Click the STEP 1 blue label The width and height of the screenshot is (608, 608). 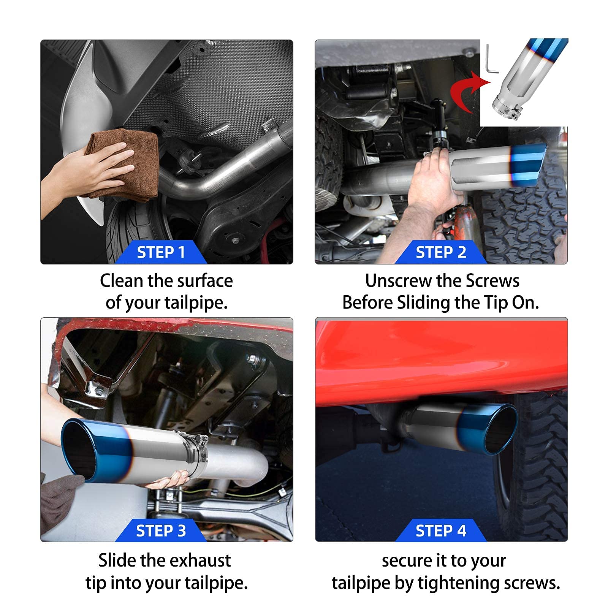161,252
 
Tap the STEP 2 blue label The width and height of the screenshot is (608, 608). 441,252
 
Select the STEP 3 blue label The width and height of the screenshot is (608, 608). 161,530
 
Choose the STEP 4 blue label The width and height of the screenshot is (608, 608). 441,530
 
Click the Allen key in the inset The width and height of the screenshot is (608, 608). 491,61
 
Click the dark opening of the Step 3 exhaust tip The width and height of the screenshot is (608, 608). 78,450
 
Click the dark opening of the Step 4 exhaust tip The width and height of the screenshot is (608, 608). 502,429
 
